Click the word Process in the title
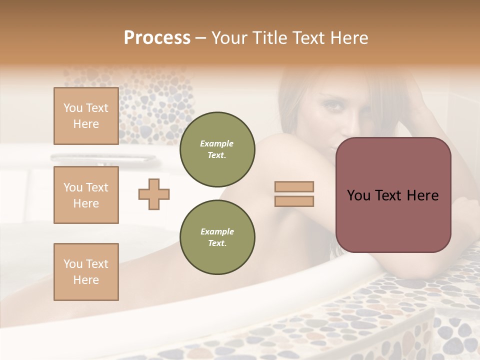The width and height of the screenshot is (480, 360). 157,37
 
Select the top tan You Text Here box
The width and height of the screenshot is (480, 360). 86,116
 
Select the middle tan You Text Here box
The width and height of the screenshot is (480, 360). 86,195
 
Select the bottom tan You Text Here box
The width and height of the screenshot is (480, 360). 86,271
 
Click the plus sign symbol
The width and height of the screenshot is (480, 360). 154,194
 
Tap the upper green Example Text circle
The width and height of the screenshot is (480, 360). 217,149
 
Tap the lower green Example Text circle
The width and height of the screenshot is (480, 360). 217,237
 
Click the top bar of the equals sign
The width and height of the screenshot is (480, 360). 294,186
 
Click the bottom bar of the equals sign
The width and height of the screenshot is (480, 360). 294,201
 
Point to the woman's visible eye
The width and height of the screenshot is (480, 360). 331,106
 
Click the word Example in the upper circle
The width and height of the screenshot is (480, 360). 217,143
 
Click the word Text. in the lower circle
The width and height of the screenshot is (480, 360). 217,243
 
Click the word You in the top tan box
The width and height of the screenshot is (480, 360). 73,108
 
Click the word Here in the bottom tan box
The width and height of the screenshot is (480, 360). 86,280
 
